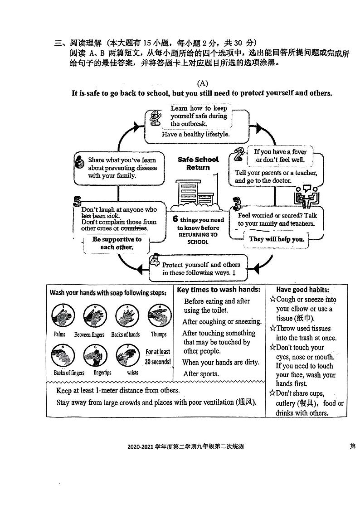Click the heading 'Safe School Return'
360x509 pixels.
click(x=198, y=163)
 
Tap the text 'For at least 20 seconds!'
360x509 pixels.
click(x=158, y=357)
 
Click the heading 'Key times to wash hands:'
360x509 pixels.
click(x=219, y=290)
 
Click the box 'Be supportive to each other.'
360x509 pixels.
click(x=117, y=243)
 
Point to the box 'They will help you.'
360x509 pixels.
click(x=277, y=239)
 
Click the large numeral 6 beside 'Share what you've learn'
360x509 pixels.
click(x=79, y=162)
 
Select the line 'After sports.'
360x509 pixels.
click(x=201, y=374)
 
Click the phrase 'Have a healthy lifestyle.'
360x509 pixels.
click(x=196, y=134)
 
